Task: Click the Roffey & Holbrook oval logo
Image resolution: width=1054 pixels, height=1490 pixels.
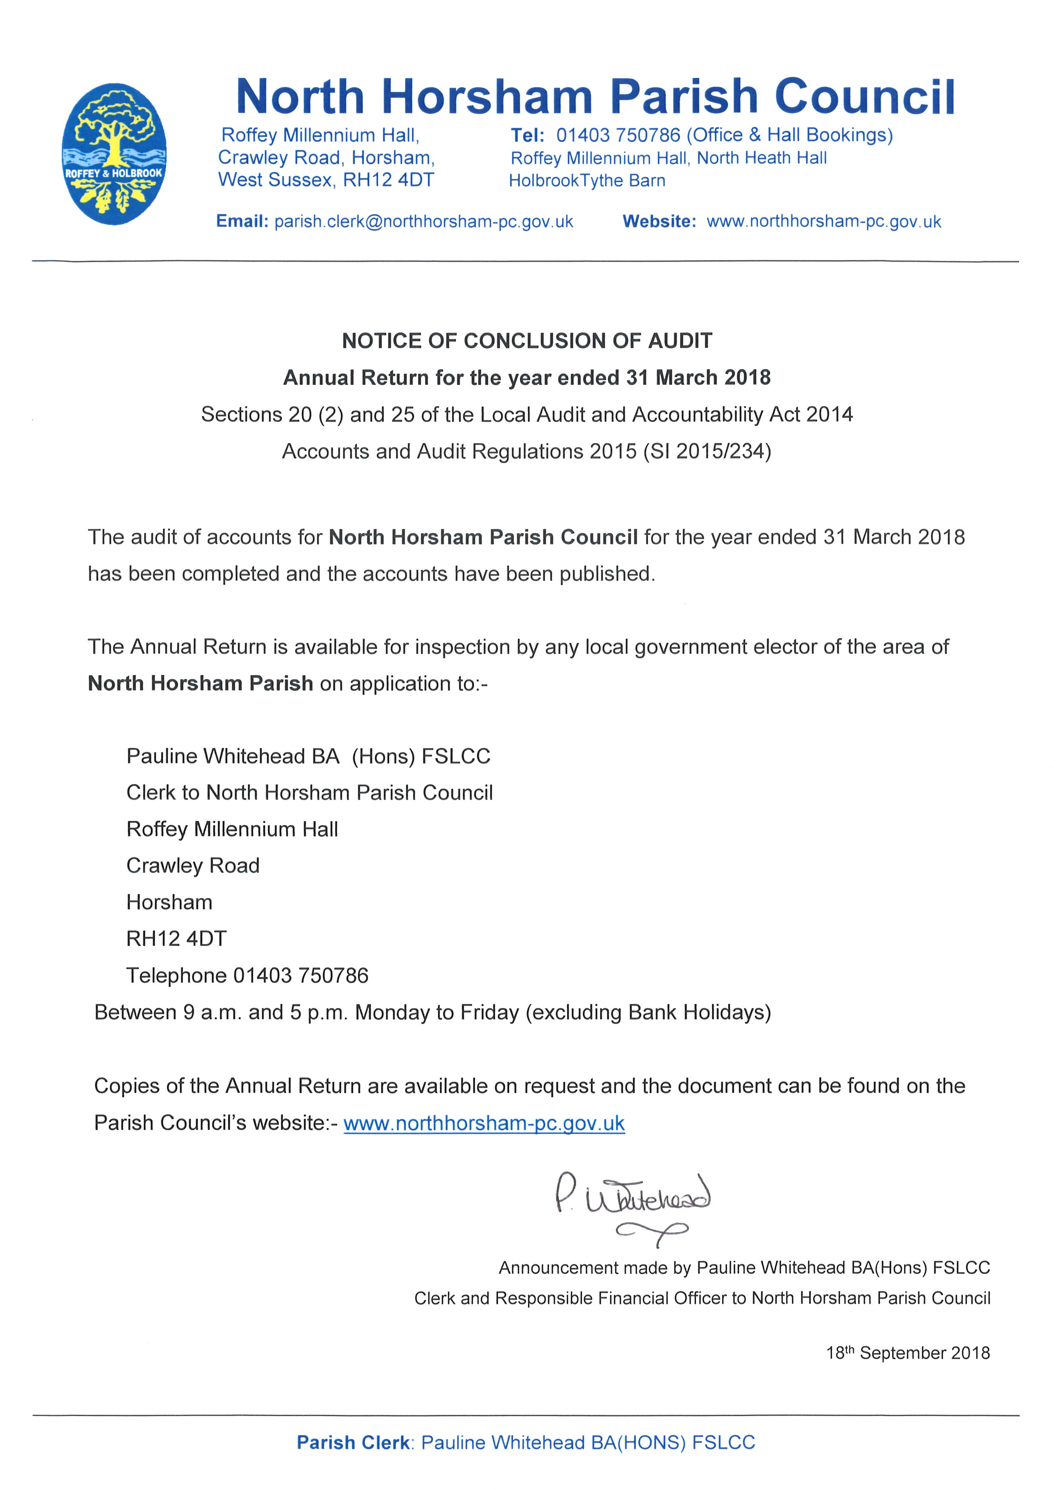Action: pos(114,155)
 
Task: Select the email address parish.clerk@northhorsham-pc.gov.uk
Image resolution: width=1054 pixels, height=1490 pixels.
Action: pos(423,222)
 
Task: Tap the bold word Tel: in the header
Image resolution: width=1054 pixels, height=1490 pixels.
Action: pos(527,136)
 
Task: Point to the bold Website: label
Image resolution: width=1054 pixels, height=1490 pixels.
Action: pos(659,222)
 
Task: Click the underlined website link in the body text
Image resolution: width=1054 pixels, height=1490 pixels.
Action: pos(484,1123)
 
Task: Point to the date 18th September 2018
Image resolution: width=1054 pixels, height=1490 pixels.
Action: pos(907,1353)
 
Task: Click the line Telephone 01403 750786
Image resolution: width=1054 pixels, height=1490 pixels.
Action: pos(247,975)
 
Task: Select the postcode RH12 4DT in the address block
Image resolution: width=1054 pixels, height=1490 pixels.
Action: pos(176,939)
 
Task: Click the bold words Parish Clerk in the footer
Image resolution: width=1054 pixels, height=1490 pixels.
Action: pos(352,1442)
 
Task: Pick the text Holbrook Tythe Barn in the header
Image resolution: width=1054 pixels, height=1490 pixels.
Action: pos(586,181)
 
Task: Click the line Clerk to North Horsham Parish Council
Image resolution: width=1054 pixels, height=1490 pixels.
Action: pos(309,793)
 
